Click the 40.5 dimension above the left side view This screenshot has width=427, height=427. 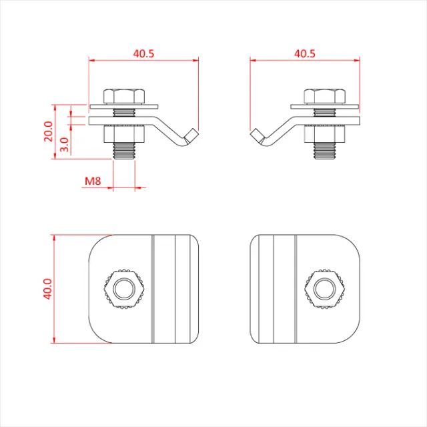pos(143,53)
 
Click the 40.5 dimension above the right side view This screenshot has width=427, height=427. pos(305,53)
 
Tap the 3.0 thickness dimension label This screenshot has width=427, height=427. pos(64,145)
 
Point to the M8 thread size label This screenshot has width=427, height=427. pos(93,181)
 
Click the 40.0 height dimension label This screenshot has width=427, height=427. pos(47,290)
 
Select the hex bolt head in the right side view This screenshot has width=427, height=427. pos(325,95)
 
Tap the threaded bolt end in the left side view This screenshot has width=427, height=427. pos(125,151)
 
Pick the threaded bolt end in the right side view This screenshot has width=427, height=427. pos(325,151)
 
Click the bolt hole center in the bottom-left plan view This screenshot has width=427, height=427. pos(123,289)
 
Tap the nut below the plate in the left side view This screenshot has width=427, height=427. pos(125,133)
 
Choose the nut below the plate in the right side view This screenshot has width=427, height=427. pos(325,133)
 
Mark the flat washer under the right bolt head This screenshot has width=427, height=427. pos(325,105)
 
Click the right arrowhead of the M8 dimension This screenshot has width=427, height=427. pos(141,187)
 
